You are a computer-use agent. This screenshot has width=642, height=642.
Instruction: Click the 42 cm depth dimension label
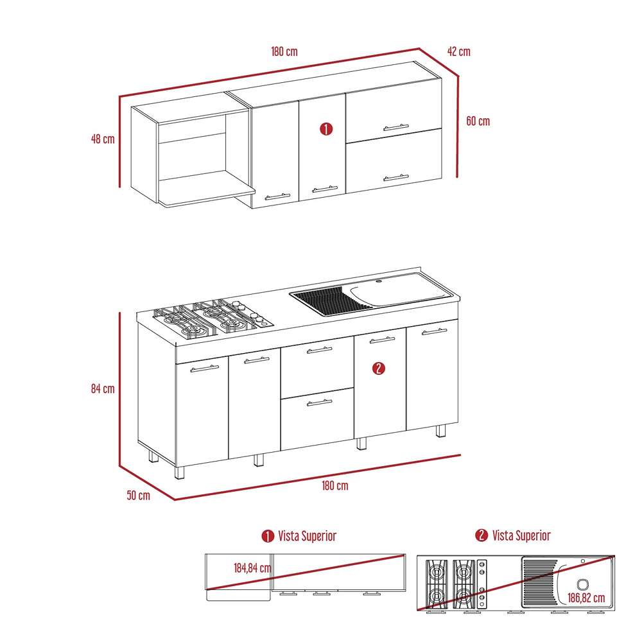458,51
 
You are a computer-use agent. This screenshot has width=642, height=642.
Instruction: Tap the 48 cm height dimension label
103,139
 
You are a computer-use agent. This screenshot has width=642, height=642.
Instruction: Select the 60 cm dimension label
478,121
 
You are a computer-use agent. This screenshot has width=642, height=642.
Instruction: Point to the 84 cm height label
103,388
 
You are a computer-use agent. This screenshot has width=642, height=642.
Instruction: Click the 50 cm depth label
139,495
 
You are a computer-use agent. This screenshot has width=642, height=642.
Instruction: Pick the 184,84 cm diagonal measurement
252,568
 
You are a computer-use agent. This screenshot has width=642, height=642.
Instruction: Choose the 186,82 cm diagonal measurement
586,598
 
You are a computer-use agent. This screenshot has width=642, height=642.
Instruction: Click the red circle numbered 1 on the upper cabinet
326,129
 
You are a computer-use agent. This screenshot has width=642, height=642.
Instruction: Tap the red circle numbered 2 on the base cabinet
379,368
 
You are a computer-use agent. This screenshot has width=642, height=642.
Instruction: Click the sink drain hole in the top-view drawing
583,584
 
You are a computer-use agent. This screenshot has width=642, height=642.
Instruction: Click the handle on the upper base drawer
319,350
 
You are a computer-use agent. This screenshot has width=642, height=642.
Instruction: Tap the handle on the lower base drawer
319,403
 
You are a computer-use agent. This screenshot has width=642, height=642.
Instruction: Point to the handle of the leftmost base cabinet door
205,369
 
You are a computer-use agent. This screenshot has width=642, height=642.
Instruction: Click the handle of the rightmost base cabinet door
435,331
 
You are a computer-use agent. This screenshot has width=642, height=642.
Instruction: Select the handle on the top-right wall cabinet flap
396,127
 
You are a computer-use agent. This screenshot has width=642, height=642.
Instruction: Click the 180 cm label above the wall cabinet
284,51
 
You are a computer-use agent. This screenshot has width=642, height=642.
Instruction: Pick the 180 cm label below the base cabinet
335,485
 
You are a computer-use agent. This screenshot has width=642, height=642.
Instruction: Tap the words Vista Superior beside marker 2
521,535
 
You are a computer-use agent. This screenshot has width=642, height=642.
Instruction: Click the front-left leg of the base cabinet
180,473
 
